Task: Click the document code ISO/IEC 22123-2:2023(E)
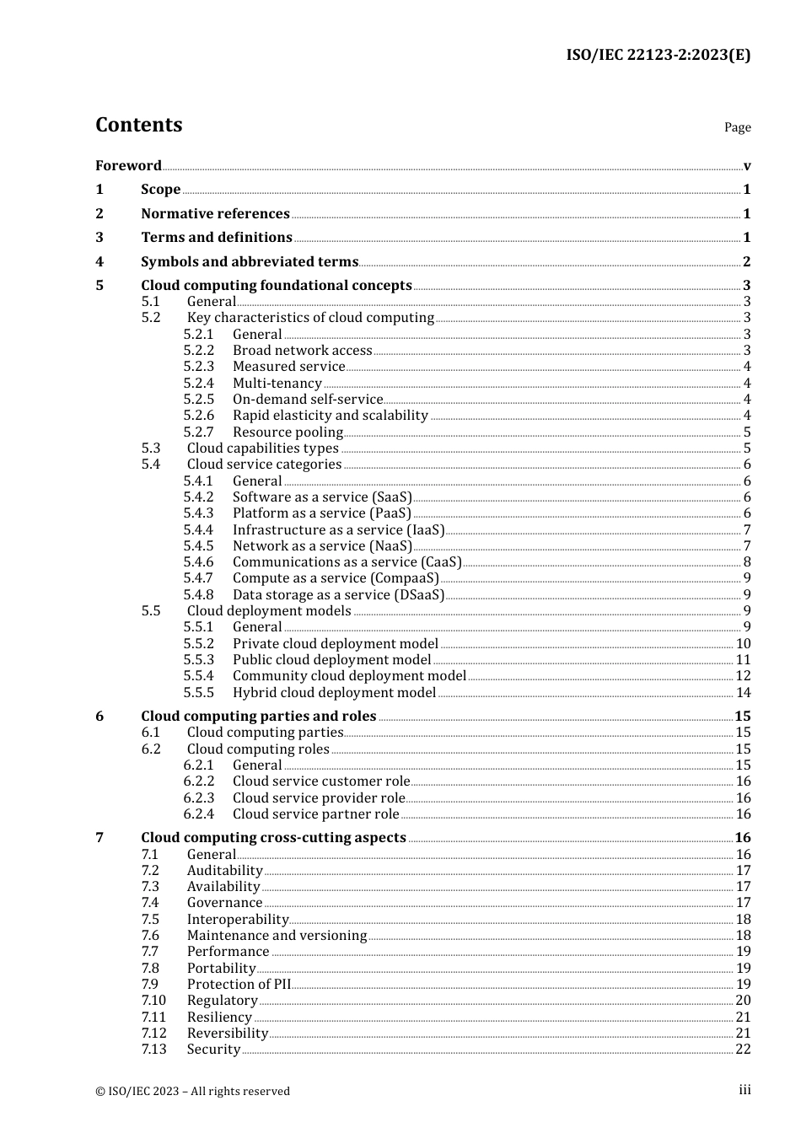coord(658,55)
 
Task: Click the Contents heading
coord(138,125)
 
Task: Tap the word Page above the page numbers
coord(737,127)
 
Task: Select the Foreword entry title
coord(128,165)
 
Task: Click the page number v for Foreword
coord(747,166)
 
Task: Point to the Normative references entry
coord(215,214)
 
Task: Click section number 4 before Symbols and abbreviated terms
coord(99,262)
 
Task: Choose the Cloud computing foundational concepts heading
coord(276,286)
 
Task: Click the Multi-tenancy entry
coord(277,384)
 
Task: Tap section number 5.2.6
coord(199,416)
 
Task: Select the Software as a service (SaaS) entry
coord(322,497)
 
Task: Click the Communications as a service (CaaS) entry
coord(347,562)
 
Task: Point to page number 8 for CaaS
coord(747,562)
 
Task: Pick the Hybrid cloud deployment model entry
coord(334,693)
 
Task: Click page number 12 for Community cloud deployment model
coord(743,676)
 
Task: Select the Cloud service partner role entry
coord(315,814)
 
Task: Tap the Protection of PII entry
coord(239,985)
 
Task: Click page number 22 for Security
coord(743,1050)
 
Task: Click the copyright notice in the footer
coord(192,1092)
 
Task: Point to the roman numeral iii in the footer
coord(745,1090)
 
